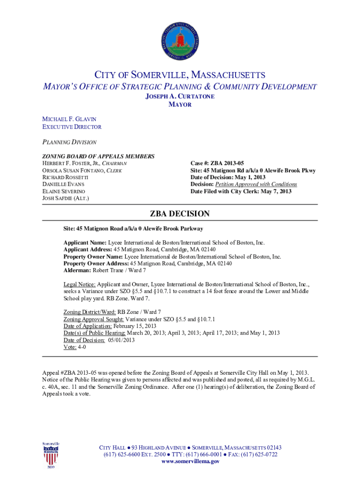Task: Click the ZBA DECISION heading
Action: [180, 214]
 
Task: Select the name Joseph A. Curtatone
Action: [180, 96]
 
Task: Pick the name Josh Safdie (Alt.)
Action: [66, 198]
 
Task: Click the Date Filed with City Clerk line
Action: [241, 191]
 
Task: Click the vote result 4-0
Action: [82, 347]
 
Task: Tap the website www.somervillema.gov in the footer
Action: [190, 461]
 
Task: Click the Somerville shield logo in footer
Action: [51, 454]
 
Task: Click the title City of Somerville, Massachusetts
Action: [180, 75]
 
